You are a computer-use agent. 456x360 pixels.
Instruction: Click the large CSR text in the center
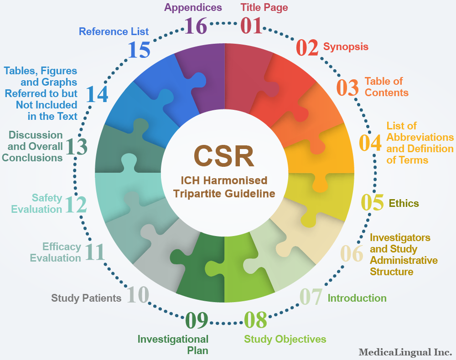pyautogui.click(x=224, y=156)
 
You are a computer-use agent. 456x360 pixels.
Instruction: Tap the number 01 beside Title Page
pyautogui.click(x=251, y=26)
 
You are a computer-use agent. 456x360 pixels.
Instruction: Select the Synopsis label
pyautogui.click(x=346, y=47)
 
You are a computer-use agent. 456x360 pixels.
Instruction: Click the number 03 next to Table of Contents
pyautogui.click(x=347, y=88)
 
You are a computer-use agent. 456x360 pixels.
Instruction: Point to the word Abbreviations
pyautogui.click(x=420, y=137)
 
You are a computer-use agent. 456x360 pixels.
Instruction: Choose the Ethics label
pyautogui.click(x=404, y=203)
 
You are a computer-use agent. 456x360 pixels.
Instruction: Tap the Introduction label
pyautogui.click(x=357, y=298)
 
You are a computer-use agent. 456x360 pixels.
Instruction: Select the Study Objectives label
pyautogui.click(x=285, y=339)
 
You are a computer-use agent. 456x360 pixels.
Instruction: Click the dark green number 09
pyautogui.click(x=197, y=320)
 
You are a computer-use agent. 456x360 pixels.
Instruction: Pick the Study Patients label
pyautogui.click(x=86, y=298)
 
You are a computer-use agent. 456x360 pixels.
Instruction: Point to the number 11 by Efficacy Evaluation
pyautogui.click(x=95, y=252)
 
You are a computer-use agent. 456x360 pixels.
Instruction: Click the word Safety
pyautogui.click(x=47, y=198)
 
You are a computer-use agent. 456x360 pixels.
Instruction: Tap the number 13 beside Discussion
pyautogui.click(x=77, y=146)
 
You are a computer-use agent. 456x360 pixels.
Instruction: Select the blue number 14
pyautogui.click(x=97, y=94)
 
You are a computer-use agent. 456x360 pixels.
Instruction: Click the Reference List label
pyautogui.click(x=114, y=31)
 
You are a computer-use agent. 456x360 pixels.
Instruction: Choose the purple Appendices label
pyautogui.click(x=193, y=8)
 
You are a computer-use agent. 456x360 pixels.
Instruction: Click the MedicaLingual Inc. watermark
pyautogui.click(x=405, y=352)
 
